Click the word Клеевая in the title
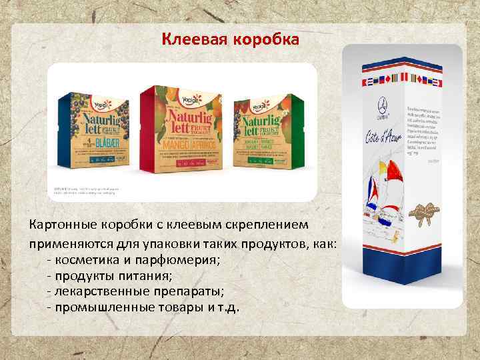[x=194, y=40]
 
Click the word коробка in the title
[x=265, y=40]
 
